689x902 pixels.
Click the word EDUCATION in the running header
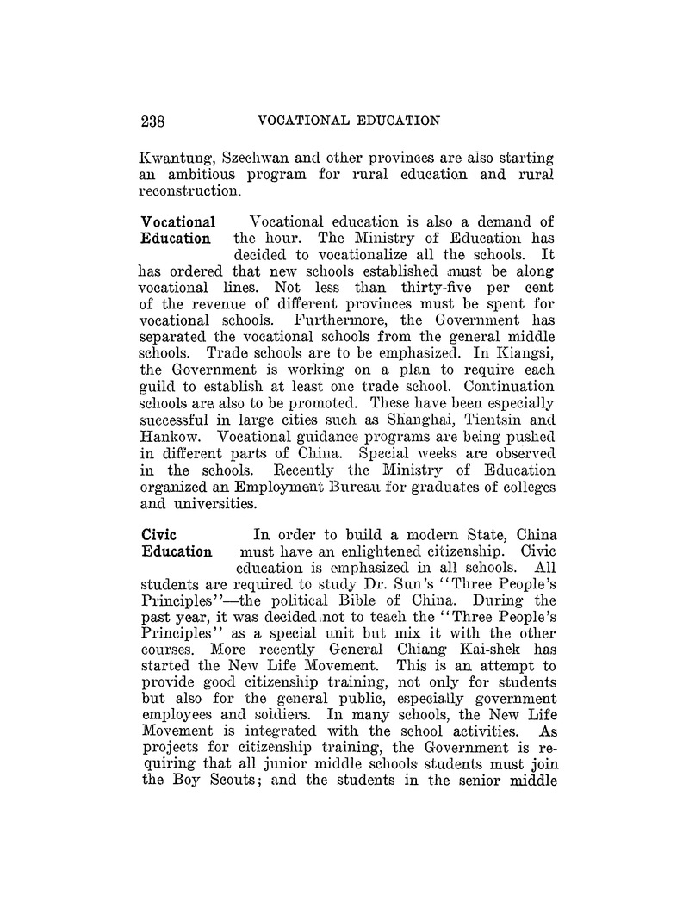click(x=395, y=121)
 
